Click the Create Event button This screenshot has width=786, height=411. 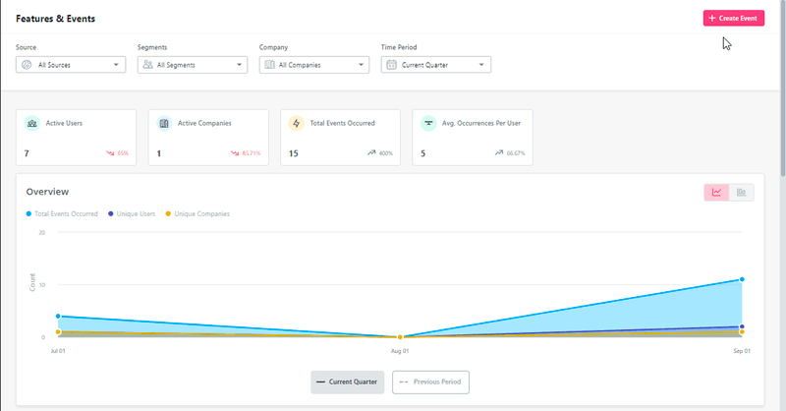[733, 18]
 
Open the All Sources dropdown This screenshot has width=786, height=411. [72, 65]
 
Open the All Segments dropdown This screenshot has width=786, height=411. [192, 65]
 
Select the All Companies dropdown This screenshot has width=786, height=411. [313, 65]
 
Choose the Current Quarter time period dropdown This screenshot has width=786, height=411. [435, 65]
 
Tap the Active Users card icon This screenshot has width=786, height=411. [32, 124]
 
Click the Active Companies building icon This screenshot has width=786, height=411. [164, 124]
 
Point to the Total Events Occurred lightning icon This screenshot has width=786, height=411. [296, 124]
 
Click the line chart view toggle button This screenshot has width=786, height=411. [717, 192]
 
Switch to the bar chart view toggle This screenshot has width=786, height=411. [742, 192]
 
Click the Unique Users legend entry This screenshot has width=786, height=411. [135, 213]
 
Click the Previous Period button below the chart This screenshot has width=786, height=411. [431, 382]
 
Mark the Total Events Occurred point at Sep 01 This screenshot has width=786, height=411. [742, 279]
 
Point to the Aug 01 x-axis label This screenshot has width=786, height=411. [400, 350]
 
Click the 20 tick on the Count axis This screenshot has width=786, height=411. [42, 233]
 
